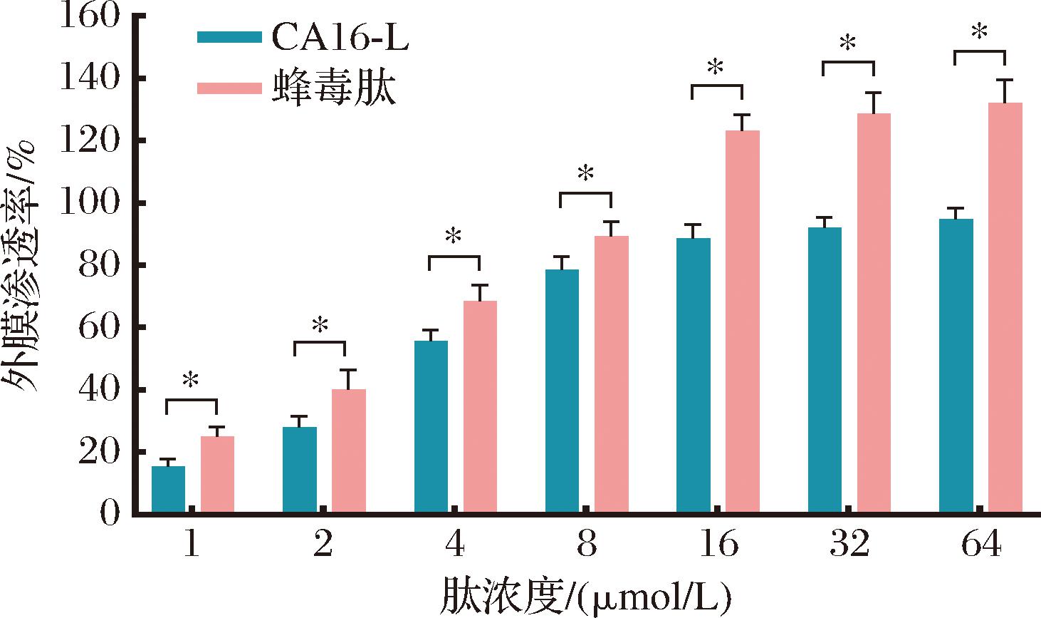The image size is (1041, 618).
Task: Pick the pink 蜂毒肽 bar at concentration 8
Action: point(612,374)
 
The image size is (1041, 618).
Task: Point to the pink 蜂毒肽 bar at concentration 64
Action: point(1005,307)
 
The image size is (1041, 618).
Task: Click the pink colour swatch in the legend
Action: point(229,88)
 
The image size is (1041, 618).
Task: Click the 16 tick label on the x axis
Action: point(718,545)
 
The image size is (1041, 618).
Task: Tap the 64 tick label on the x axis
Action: point(980,545)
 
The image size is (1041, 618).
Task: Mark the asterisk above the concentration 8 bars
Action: point(585,174)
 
